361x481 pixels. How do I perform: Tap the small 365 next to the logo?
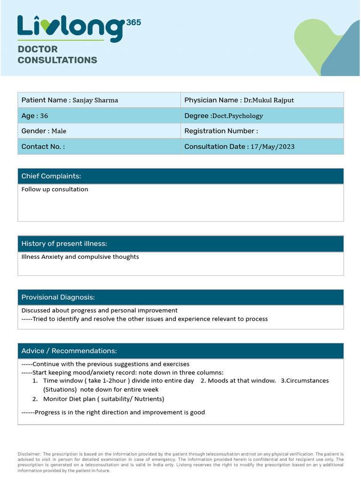[133, 22]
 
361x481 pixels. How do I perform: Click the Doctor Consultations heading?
[57, 54]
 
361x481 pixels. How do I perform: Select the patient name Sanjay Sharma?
[95, 100]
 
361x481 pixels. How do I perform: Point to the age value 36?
[44, 116]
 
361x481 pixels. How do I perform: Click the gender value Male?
[59, 131]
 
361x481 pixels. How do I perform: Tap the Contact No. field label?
[43, 147]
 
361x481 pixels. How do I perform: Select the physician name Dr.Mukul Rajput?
[268, 100]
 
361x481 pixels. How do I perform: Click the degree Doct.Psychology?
[237, 116]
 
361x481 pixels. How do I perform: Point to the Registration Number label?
[221, 131]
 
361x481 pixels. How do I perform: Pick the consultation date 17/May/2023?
[273, 147]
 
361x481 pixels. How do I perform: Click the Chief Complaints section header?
[51, 176]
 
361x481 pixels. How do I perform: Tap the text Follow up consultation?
[55, 189]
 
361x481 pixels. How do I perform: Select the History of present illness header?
[64, 243]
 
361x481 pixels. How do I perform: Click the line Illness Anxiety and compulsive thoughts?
[80, 257]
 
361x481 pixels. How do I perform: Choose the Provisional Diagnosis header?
[58, 297]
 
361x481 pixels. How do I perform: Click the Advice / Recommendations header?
[69, 351]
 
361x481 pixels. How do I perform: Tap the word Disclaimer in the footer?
[29, 454]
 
